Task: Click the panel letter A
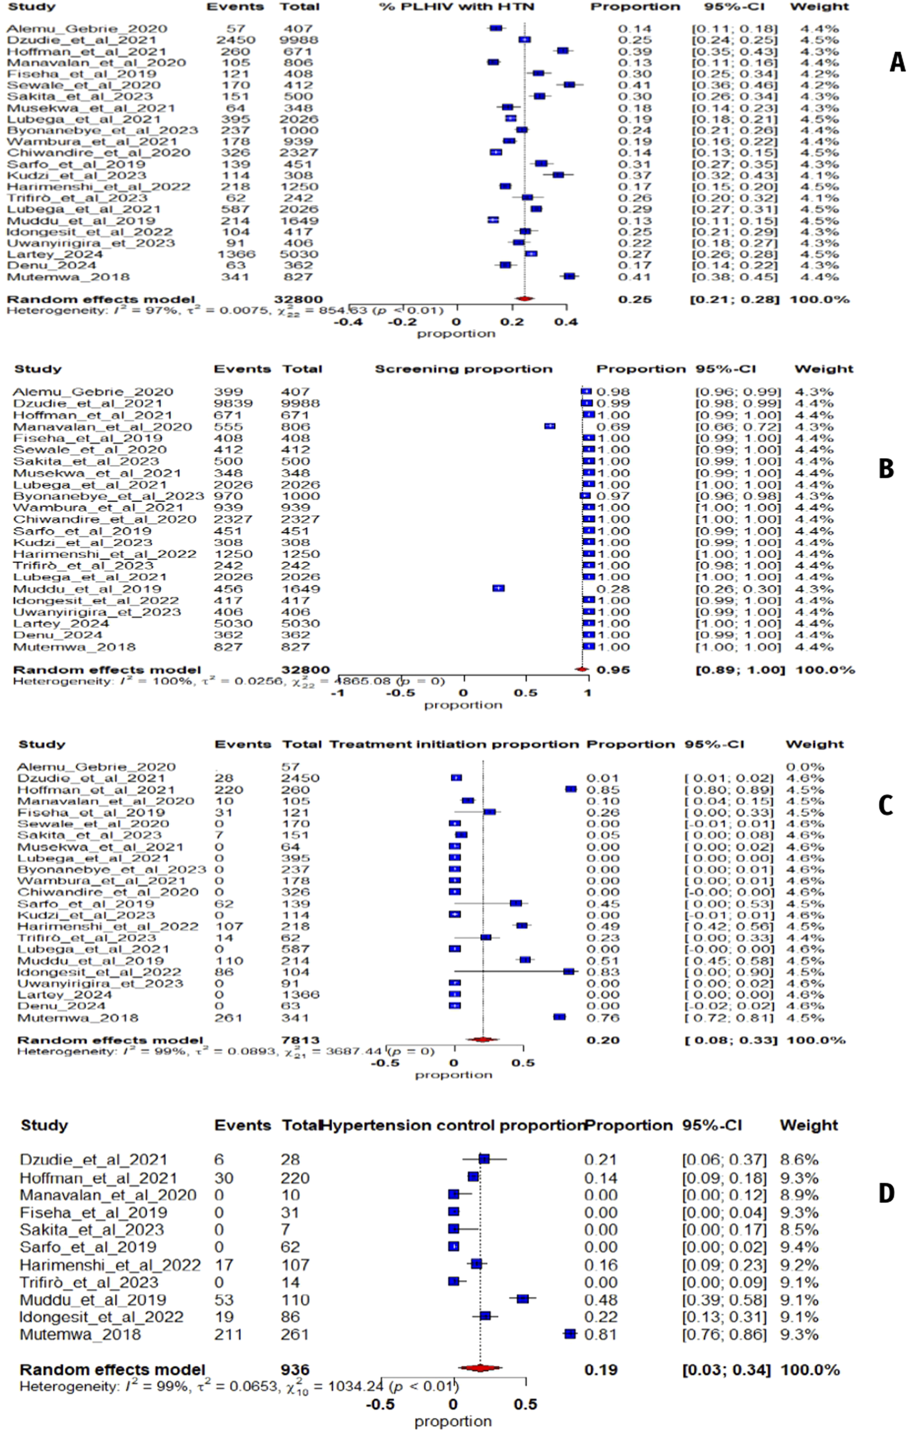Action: [897, 63]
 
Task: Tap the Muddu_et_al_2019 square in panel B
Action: [498, 588]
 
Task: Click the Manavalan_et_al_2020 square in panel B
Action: [549, 426]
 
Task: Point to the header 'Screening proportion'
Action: [463, 369]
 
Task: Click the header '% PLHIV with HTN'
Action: [456, 7]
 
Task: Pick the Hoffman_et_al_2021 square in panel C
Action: [571, 790]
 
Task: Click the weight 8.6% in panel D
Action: [799, 1160]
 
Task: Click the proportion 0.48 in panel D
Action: [600, 1300]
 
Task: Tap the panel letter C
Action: [885, 806]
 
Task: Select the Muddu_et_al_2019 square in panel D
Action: [522, 1299]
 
